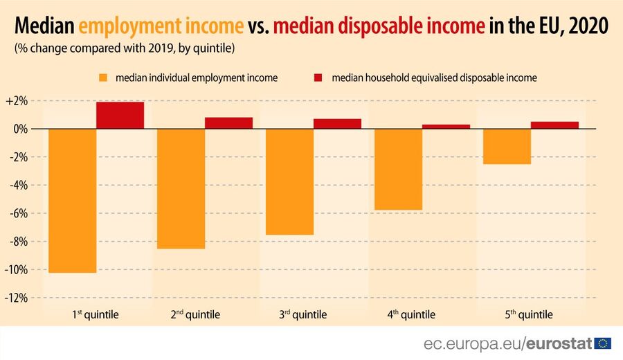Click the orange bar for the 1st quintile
coord(73,201)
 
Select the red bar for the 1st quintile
coord(120,116)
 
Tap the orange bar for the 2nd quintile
coord(181,188)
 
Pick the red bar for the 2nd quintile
coord(228,123)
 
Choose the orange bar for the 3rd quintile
coord(289,181)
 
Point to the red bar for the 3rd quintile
coord(337,124)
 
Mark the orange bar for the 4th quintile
coord(398,169)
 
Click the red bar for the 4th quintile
coord(446,127)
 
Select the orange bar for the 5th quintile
coord(507,146)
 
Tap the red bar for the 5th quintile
coord(554,125)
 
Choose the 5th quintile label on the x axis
coord(529,315)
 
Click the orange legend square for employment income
coord(105,78)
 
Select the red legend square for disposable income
coord(320,78)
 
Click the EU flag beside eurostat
coord(603,343)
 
